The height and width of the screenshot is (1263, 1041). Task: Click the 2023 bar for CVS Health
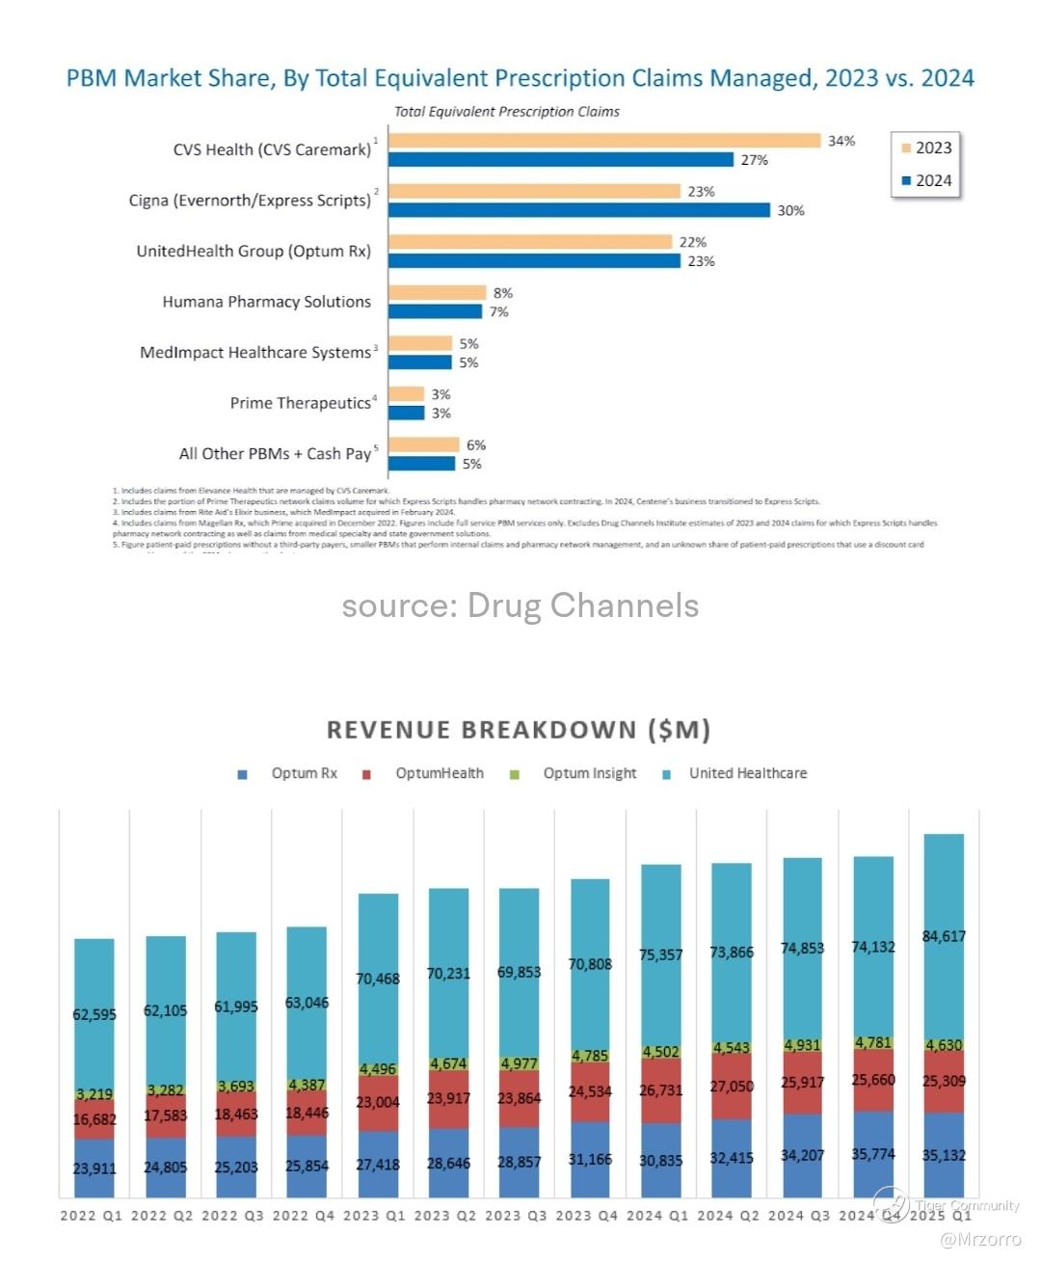click(604, 141)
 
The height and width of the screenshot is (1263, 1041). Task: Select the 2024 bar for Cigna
click(579, 210)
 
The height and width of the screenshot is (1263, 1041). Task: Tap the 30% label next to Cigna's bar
click(790, 211)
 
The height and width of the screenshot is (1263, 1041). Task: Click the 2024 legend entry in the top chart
click(926, 180)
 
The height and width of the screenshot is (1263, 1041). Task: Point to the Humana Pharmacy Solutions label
click(266, 302)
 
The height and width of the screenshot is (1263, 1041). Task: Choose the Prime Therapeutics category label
click(300, 403)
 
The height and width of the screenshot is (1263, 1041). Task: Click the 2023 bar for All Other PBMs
click(424, 444)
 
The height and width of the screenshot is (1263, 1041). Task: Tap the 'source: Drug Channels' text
click(520, 605)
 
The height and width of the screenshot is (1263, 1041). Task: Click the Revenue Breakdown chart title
click(519, 730)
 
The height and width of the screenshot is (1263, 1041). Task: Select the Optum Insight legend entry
click(589, 773)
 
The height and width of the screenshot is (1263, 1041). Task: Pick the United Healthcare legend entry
click(747, 773)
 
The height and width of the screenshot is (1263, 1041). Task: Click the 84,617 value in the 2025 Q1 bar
click(944, 936)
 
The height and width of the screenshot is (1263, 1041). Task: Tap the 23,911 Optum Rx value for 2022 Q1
click(94, 1168)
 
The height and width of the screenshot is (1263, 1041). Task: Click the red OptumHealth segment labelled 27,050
click(732, 1087)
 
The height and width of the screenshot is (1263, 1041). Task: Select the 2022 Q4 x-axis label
click(304, 1216)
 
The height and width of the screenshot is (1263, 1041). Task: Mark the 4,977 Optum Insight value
click(519, 1063)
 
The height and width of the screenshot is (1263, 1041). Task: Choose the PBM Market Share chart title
click(520, 78)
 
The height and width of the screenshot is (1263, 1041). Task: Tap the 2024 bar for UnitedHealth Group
click(535, 261)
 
